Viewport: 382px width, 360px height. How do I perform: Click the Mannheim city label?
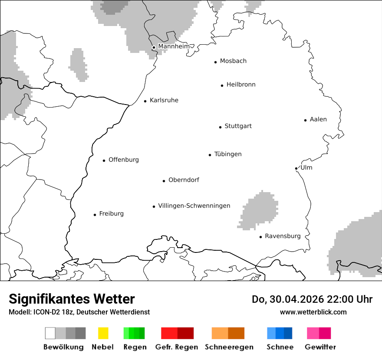click(x=174, y=46)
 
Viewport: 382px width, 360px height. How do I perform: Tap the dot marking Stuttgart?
click(x=220, y=127)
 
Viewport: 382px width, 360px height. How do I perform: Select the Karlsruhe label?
click(x=164, y=100)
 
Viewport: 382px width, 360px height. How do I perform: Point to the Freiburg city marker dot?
click(x=95, y=215)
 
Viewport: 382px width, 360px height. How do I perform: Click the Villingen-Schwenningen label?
click(x=194, y=206)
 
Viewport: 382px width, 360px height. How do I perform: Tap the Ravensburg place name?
click(x=283, y=236)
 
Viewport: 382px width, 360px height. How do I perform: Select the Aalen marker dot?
click(x=305, y=120)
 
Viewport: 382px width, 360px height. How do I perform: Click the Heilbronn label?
click(x=241, y=85)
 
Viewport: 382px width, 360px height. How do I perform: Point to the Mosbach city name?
click(x=233, y=61)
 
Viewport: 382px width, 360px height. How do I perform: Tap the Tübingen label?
click(x=228, y=154)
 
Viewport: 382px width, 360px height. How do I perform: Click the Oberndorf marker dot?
click(x=164, y=181)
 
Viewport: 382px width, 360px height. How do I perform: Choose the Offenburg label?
click(x=124, y=160)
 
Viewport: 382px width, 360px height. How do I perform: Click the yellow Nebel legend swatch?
click(x=103, y=333)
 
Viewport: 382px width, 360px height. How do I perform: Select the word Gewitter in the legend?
click(x=320, y=347)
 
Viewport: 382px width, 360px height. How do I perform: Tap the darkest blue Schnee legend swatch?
click(x=288, y=333)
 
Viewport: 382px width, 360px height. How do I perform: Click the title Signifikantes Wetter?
click(x=72, y=299)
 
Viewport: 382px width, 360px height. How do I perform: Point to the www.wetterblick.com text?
click(x=313, y=312)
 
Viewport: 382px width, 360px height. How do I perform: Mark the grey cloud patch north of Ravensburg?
click(x=259, y=210)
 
